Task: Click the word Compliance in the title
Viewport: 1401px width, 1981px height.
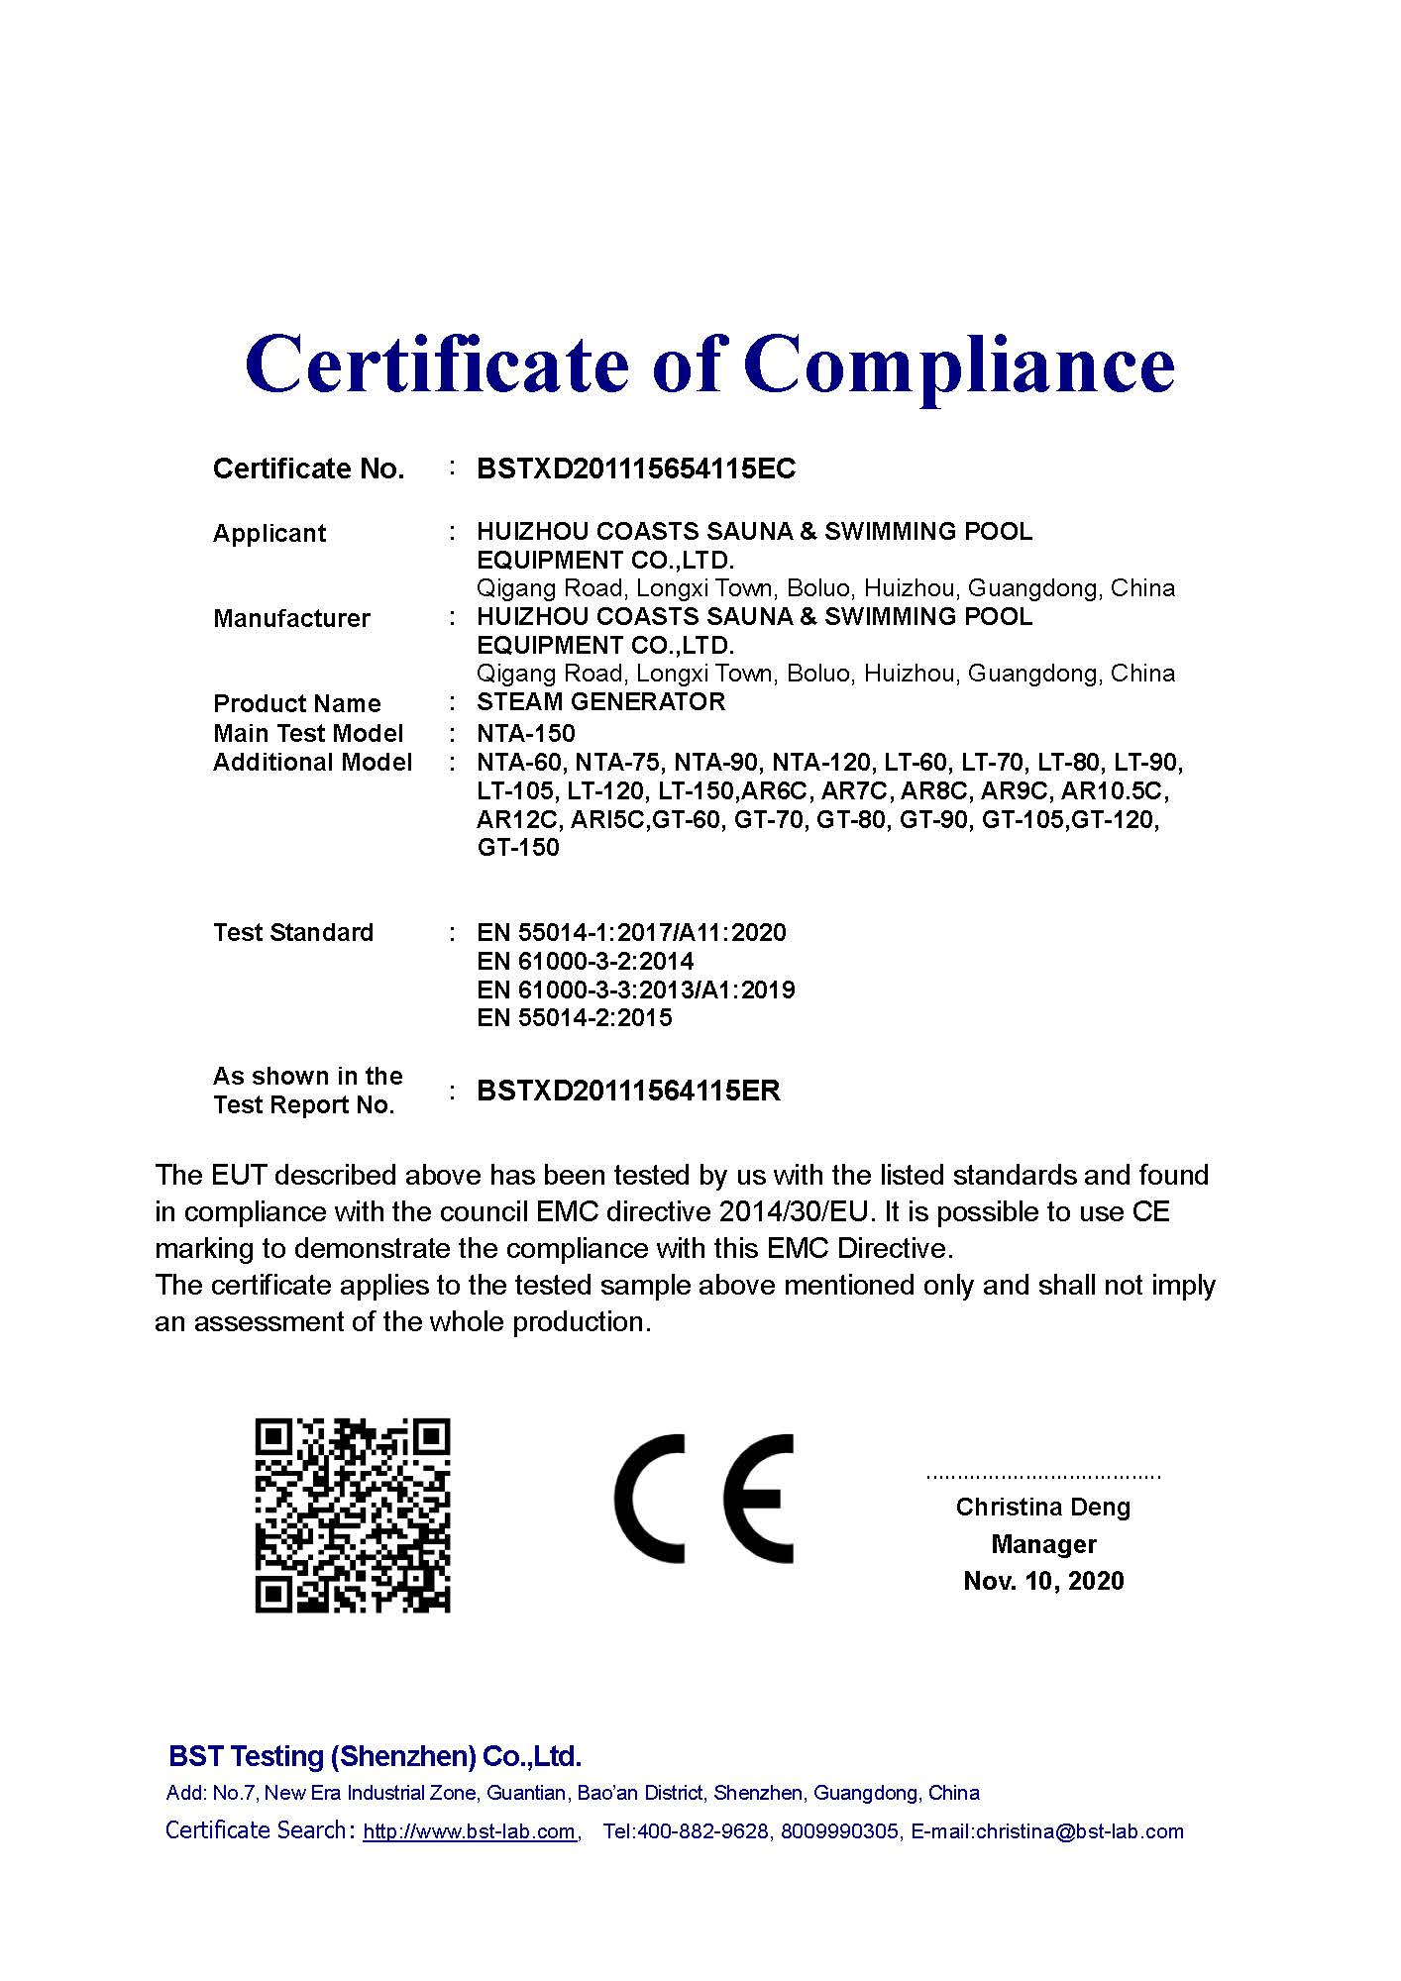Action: [959, 365]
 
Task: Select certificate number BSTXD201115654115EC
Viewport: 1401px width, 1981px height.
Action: [636, 469]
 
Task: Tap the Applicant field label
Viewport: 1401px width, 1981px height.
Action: [269, 533]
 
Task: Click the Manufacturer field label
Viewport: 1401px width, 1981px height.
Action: [291, 618]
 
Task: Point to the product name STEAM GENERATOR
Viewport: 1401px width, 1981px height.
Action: [600, 702]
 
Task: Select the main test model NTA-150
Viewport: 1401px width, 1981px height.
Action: [525, 733]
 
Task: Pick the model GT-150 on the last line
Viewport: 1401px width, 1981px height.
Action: [518, 848]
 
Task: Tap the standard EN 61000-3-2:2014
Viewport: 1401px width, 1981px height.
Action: [585, 961]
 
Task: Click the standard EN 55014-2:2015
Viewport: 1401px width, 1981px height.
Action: [574, 1017]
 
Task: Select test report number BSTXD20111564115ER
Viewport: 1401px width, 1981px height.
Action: [628, 1091]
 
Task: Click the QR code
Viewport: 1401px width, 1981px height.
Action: [353, 1514]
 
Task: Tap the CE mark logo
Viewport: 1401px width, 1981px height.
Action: [703, 1499]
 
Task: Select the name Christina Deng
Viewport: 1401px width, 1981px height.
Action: [1042, 1507]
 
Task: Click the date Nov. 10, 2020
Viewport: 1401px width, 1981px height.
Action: [1043, 1580]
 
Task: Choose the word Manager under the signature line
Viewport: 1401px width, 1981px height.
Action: [1043, 1544]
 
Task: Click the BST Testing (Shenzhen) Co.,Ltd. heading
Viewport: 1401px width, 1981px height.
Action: [375, 1756]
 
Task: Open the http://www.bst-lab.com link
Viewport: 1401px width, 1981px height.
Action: [470, 1831]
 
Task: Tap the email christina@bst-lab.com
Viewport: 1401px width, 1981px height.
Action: [1079, 1831]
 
